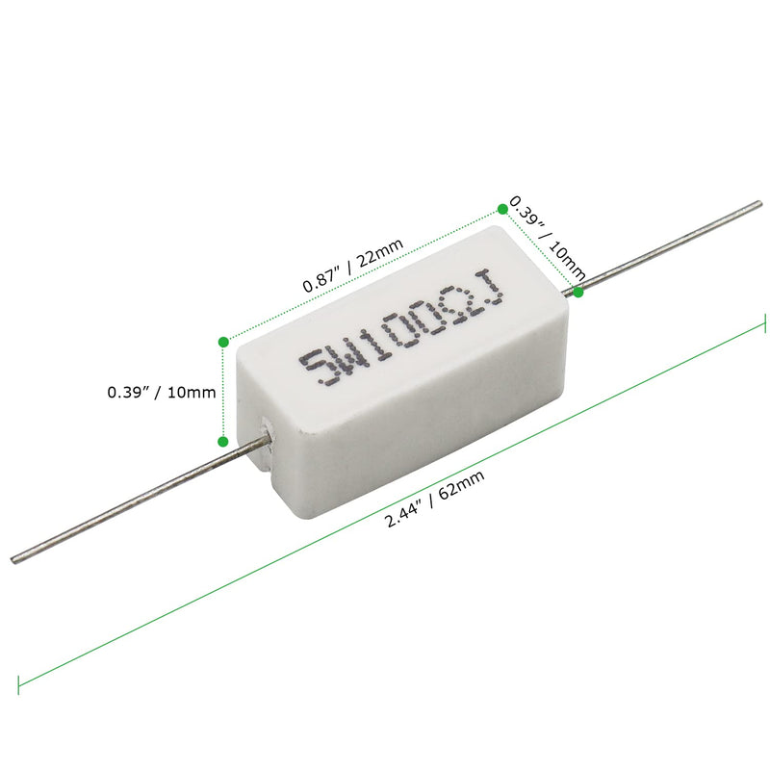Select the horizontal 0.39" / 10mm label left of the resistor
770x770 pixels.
click(161, 392)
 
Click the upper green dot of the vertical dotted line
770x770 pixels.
click(223, 340)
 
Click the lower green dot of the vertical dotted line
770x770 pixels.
click(223, 442)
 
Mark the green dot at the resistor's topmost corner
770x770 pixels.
click(502, 208)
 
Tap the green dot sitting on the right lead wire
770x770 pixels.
click(578, 290)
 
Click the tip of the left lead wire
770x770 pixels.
click(13, 560)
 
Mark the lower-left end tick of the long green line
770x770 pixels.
click(18, 680)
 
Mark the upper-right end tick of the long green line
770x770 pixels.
click(764, 324)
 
